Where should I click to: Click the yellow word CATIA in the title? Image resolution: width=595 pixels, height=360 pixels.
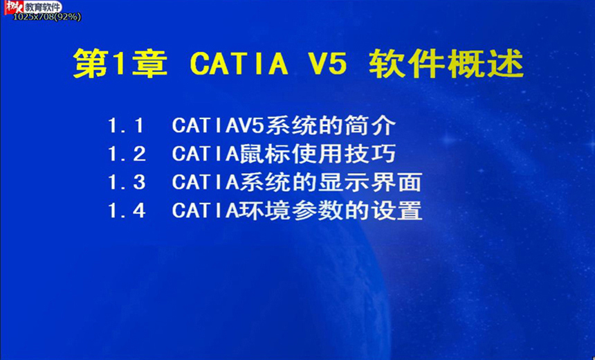tap(239, 63)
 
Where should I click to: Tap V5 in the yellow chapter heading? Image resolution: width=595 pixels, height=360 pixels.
tap(326, 63)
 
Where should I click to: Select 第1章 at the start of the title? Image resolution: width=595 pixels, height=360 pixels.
tap(120, 63)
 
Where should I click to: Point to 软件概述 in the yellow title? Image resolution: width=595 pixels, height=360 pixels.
tap(446, 63)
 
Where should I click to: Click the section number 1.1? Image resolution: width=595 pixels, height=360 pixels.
tap(127, 125)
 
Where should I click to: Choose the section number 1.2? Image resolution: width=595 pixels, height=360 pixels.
tap(127, 154)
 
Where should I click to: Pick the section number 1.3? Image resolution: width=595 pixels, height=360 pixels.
tap(127, 182)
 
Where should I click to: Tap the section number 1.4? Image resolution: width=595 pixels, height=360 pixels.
tap(127, 210)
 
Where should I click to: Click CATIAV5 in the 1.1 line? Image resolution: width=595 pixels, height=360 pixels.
tap(218, 125)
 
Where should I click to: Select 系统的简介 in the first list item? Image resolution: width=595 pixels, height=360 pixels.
tap(331, 125)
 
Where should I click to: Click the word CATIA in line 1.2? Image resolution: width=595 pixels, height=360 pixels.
tap(205, 154)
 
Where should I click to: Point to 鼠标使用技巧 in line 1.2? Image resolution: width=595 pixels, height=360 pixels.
tap(318, 154)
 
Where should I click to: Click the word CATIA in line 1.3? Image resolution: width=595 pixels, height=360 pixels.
tap(205, 182)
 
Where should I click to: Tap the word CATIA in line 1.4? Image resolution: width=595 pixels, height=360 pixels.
tap(205, 210)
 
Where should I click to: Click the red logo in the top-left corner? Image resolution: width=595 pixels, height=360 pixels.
tap(14, 7)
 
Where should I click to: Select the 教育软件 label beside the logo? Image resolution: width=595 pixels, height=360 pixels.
tap(43, 7)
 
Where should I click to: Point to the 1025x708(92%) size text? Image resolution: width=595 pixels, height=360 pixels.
tap(47, 17)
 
